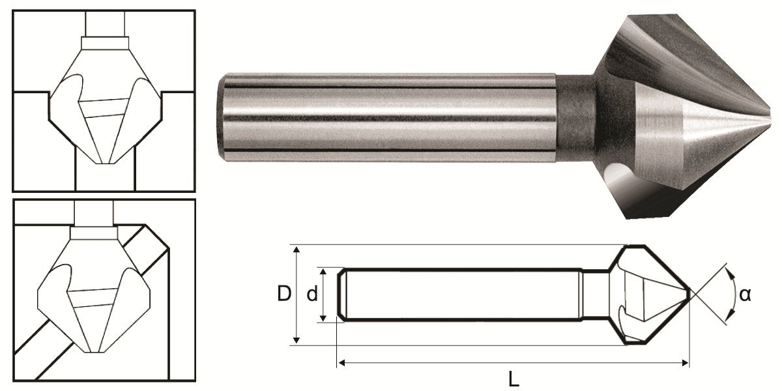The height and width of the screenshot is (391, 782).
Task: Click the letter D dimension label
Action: [283, 295]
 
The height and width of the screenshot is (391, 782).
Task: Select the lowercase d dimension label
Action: [312, 295]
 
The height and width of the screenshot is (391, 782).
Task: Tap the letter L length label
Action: [515, 378]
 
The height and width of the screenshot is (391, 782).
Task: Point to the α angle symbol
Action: [746, 295]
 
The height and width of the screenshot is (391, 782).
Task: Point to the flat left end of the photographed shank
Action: [222, 117]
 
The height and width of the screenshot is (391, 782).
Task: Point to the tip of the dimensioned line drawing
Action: [689, 295]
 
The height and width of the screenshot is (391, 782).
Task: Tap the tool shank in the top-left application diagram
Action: [104, 23]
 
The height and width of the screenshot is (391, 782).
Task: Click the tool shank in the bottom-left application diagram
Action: [94, 212]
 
